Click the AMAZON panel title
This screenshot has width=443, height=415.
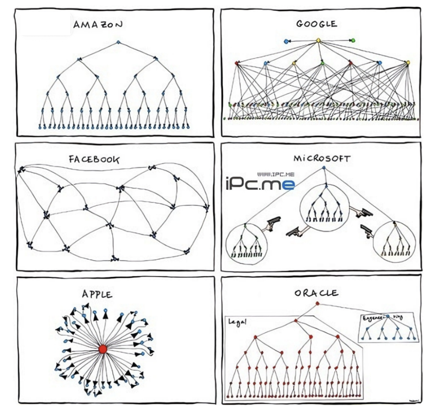tap(97, 25)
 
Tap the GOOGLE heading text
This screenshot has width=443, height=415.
tap(316, 24)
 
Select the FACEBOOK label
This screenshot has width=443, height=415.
tap(94, 160)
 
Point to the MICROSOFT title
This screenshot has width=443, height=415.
tap(322, 159)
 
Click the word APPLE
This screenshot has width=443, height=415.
tap(97, 294)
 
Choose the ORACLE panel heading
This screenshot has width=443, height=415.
tap(316, 293)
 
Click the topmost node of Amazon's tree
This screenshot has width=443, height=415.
tap(118, 42)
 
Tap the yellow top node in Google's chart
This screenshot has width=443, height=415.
tap(318, 40)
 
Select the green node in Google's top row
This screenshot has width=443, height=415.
tap(353, 40)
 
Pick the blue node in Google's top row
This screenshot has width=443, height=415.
tap(286, 41)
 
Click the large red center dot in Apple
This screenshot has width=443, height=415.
tap(103, 349)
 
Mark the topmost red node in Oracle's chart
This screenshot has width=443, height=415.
tap(317, 303)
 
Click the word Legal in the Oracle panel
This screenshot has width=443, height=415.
tap(238, 322)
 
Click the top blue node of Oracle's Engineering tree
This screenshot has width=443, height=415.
tap(388, 317)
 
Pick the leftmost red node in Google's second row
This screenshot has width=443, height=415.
tap(236, 63)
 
